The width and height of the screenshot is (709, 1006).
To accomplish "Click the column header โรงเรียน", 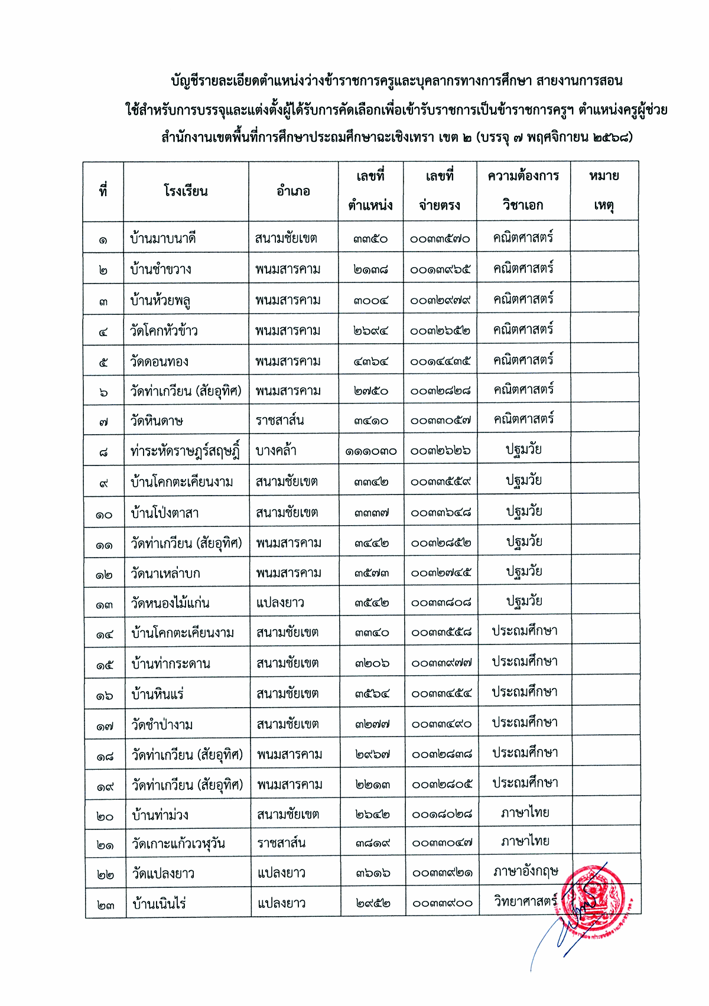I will tap(186, 191).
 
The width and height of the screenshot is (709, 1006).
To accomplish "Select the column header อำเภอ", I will tap(293, 191).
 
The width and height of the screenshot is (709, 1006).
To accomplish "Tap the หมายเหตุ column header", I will tap(604, 190).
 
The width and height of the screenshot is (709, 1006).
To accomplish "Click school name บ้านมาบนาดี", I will tap(162, 239).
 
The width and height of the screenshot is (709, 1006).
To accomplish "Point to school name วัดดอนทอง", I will tap(159, 361).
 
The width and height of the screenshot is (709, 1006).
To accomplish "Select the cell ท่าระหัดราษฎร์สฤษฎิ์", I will tap(185, 451).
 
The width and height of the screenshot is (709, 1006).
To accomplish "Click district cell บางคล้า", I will tap(276, 451).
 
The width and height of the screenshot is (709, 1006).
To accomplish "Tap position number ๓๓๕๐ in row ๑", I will tap(370, 239).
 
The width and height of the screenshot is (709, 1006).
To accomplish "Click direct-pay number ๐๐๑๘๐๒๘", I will tap(442, 815).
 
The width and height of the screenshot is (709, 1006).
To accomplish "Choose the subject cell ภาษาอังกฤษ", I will tap(526, 871).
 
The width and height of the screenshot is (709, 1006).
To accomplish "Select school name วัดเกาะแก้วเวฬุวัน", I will tap(178, 844).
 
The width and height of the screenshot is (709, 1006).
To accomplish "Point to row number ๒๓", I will tap(105, 904).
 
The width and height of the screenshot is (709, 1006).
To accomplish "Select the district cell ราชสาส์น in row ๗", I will tap(279, 421).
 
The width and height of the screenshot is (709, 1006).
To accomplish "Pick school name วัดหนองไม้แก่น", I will tap(170, 603).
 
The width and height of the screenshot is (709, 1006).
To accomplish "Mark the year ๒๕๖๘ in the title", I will tap(609, 138).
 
